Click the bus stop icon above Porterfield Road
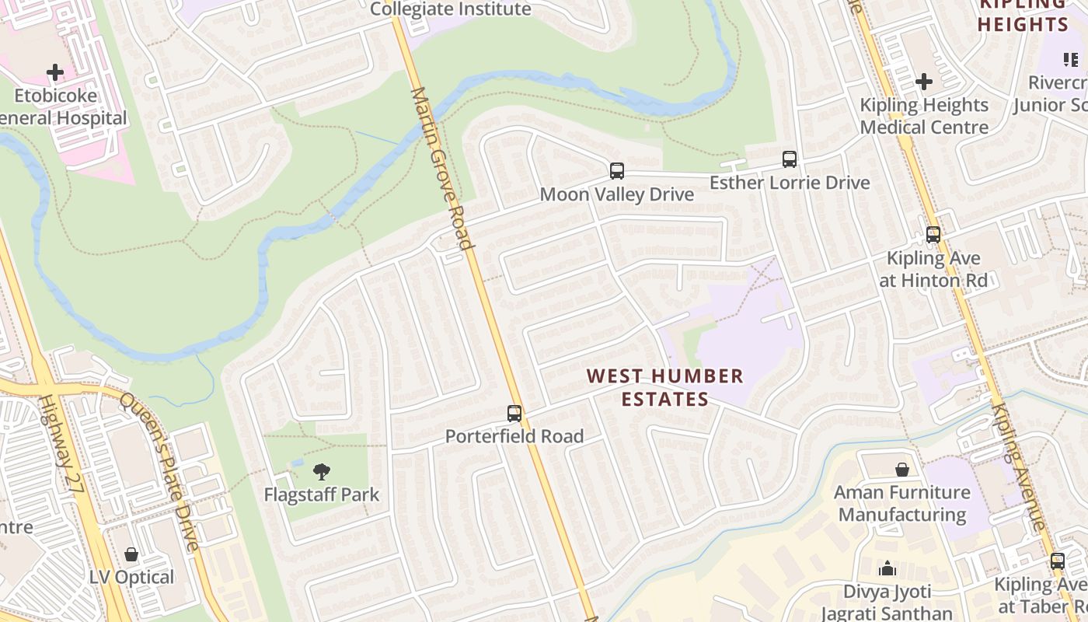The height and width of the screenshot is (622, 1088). pyautogui.click(x=514, y=414)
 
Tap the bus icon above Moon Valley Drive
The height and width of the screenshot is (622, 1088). pyautogui.click(x=617, y=171)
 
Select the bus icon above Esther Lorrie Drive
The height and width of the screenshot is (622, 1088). pyautogui.click(x=790, y=159)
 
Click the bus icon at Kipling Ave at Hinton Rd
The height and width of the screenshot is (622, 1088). pyautogui.click(x=933, y=235)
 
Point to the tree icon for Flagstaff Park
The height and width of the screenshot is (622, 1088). pyautogui.click(x=321, y=471)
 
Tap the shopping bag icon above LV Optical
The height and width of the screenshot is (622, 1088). pyautogui.click(x=131, y=554)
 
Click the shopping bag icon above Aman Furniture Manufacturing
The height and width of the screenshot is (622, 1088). pyautogui.click(x=902, y=470)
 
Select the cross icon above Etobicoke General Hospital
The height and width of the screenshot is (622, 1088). pyautogui.click(x=55, y=73)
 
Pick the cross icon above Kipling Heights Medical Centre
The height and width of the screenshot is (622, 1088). pyautogui.click(x=924, y=82)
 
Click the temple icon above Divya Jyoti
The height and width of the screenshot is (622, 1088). pyautogui.click(x=887, y=569)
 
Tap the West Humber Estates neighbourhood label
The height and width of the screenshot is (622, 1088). pyautogui.click(x=664, y=387)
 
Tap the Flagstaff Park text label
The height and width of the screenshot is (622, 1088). pyautogui.click(x=321, y=494)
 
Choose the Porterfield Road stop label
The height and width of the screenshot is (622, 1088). pyautogui.click(x=514, y=436)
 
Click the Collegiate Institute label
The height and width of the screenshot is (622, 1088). pyautogui.click(x=451, y=9)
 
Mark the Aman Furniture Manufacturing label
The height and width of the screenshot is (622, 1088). pyautogui.click(x=902, y=503)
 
